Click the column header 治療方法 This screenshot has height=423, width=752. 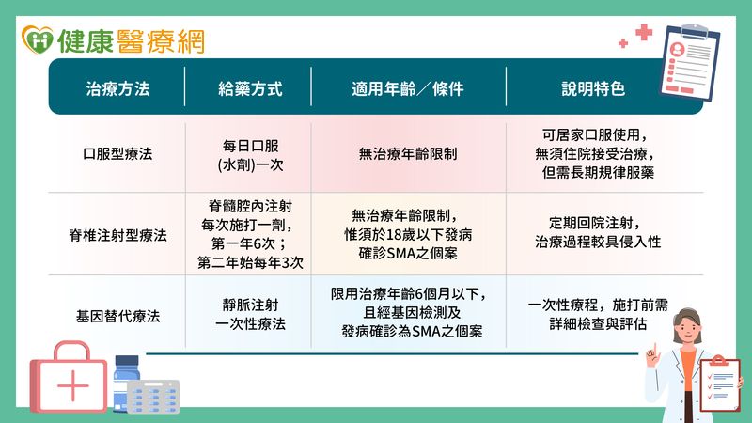[117, 88]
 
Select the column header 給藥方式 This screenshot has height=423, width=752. [250, 88]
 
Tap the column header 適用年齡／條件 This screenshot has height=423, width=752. [408, 88]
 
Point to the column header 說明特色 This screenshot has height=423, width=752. [593, 88]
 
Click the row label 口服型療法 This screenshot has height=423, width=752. [117, 154]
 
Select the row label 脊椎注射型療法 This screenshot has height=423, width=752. [117, 235]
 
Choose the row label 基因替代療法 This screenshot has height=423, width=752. [117, 316]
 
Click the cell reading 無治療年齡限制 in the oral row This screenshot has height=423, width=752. [408, 154]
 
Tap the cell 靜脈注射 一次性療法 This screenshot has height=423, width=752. [250, 314]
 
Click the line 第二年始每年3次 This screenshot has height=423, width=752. [250, 263]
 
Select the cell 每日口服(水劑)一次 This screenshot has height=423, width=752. [250, 155]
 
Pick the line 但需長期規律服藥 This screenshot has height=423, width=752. [598, 173]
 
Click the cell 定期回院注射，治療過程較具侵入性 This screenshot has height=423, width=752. [598, 232]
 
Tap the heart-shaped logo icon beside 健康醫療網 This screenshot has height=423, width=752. [38, 39]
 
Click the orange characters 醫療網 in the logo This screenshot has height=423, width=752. [161, 40]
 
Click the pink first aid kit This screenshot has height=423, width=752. [69, 377]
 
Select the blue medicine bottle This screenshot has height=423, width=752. [126, 383]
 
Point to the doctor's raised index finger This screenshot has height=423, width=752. [653, 349]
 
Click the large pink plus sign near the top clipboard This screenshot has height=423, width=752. [644, 32]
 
